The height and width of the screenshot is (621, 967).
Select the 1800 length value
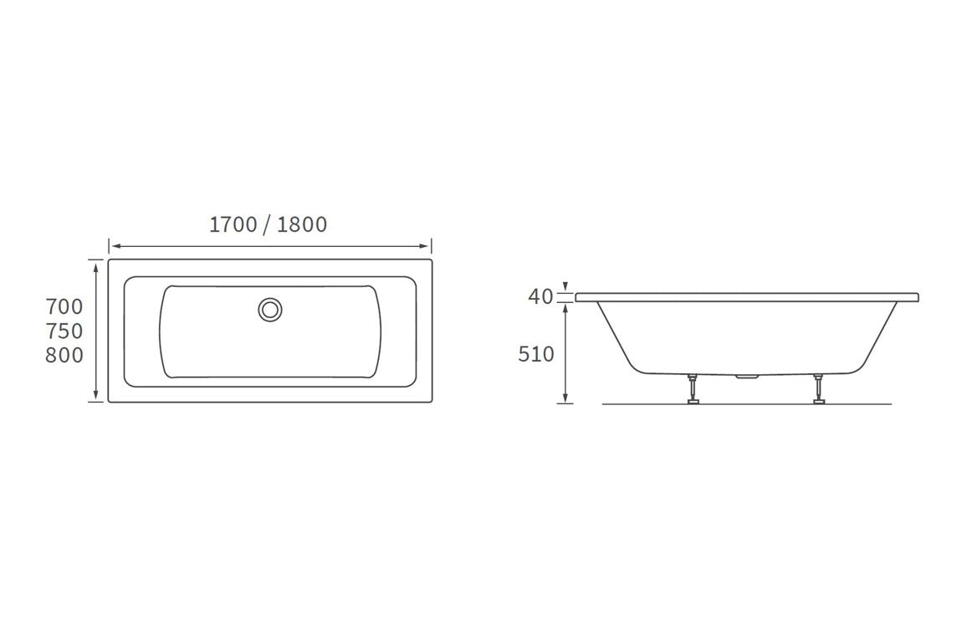pos(302,224)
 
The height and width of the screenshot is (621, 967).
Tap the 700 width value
pos(64,306)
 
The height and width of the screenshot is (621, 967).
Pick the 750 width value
pos(64,331)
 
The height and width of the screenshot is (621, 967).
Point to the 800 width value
pos(64,355)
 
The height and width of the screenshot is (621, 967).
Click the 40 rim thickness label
pos(540,296)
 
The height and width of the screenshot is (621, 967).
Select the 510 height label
pos(536,354)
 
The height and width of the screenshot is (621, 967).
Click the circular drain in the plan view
pos(270,310)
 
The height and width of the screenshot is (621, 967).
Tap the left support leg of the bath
pos(693,389)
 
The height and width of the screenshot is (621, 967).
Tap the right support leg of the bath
pos(817,389)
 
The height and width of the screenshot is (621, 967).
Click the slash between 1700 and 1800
pos(267,224)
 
